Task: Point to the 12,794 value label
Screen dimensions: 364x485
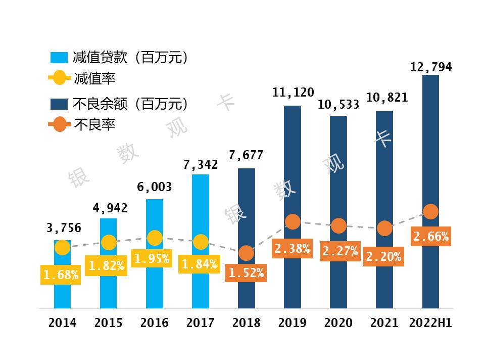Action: [x=430, y=67]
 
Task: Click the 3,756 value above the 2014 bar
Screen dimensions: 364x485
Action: [x=63, y=228]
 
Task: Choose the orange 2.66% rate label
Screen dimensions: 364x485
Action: [x=431, y=237]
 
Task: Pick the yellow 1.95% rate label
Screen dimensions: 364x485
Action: [x=155, y=259]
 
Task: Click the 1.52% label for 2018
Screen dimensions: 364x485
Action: [x=246, y=274]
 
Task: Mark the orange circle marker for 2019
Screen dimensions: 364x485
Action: [x=293, y=221]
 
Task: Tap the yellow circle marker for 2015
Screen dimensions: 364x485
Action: [x=108, y=243]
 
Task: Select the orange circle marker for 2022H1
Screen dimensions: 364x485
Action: [x=430, y=212]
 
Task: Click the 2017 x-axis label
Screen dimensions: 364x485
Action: [x=201, y=323]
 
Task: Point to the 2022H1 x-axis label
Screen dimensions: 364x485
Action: [x=430, y=323]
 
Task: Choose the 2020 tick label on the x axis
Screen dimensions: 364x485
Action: [x=338, y=323]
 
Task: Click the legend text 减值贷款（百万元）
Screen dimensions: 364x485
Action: [x=131, y=58]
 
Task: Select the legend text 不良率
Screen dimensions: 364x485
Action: [x=94, y=124]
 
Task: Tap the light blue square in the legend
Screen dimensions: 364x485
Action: [x=59, y=58]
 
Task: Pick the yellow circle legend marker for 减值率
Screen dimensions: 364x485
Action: [x=59, y=78]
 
